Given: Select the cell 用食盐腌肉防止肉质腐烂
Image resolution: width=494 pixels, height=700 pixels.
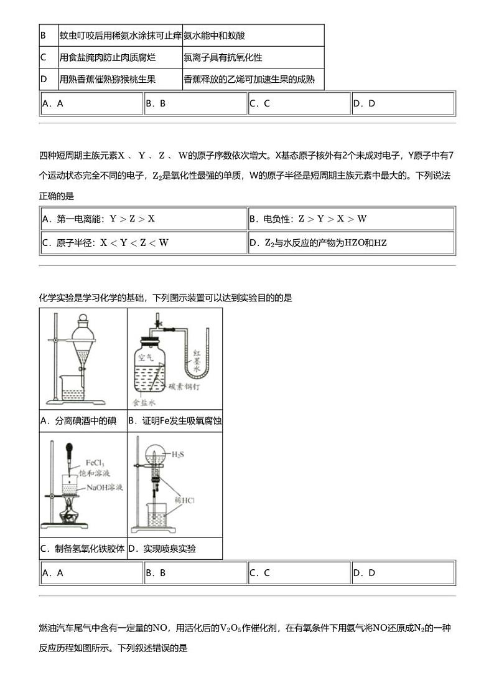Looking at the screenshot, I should point(107,57).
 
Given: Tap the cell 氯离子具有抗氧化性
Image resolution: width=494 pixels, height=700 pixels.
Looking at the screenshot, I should point(223,57).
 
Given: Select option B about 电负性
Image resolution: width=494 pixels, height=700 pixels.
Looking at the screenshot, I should point(308,219).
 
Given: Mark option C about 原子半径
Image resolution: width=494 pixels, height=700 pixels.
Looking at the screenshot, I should point(105,242).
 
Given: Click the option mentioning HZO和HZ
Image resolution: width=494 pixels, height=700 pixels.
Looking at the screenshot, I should point(318,242).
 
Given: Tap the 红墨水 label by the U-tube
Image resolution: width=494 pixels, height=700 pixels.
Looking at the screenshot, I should point(196,361).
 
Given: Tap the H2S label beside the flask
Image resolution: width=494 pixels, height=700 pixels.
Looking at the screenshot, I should point(177,454).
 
